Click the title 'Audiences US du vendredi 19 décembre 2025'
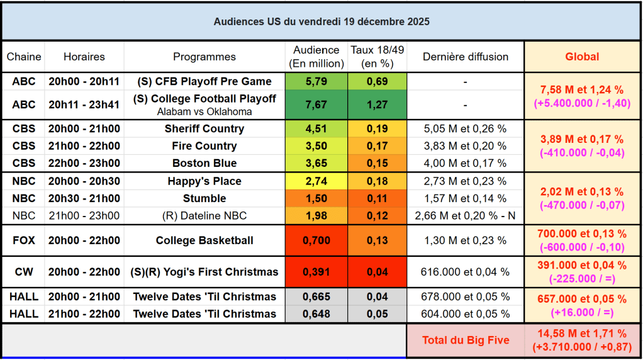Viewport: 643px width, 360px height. [x=321, y=21]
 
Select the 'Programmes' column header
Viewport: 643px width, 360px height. [x=204, y=57]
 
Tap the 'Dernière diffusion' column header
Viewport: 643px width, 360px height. [x=466, y=57]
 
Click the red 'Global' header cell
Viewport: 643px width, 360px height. [x=582, y=57]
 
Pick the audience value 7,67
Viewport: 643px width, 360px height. [x=316, y=104]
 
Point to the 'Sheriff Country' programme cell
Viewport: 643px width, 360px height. [x=204, y=128]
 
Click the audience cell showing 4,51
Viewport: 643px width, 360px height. [x=316, y=128]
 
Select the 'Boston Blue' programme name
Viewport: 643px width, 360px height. [x=204, y=163]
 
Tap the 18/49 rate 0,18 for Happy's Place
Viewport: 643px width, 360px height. [x=377, y=181]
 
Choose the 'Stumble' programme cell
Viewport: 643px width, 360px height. [x=204, y=198]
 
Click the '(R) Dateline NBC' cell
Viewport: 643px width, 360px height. [x=204, y=216]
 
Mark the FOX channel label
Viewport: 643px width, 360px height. [x=23, y=240]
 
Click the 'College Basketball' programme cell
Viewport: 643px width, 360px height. [x=204, y=240]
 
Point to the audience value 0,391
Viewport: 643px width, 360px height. [x=316, y=272]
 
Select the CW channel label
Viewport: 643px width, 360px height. [x=23, y=272]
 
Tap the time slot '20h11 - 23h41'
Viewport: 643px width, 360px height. [x=84, y=104]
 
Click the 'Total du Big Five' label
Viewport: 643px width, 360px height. [x=465, y=340]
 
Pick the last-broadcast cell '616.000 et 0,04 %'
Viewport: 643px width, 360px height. [x=466, y=272]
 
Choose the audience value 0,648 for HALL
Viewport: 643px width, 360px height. [x=316, y=313]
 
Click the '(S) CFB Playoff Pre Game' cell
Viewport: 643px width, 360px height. [x=204, y=81]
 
